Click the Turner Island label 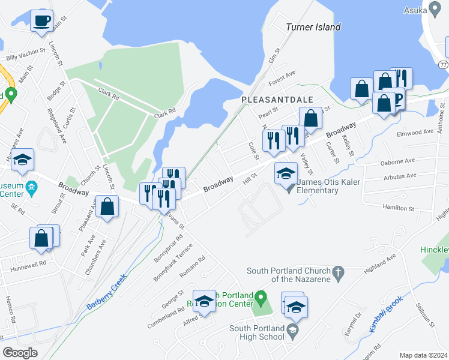click(313, 27)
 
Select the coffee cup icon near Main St click(42, 22)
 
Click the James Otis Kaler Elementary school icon click(286, 175)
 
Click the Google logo click(20, 353)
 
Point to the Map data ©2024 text click(423, 355)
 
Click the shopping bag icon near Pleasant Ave click(107, 207)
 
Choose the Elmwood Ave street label click(420, 131)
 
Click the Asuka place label click(415, 10)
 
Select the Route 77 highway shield click(443, 64)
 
